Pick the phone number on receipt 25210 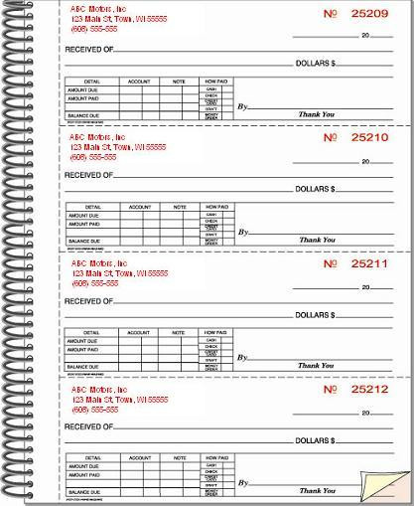(x=93, y=157)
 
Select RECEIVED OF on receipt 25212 (x=88, y=425)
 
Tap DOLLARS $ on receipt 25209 (x=315, y=63)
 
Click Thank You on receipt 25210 (x=317, y=240)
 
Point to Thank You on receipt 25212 (x=317, y=490)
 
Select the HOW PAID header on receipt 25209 (x=214, y=81)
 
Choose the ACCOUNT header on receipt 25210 (x=139, y=207)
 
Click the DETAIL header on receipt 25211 (x=91, y=332)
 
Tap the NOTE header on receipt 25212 (x=180, y=457)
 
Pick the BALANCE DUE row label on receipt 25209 (x=83, y=115)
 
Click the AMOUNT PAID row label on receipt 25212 (x=83, y=475)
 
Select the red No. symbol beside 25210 (x=331, y=138)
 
